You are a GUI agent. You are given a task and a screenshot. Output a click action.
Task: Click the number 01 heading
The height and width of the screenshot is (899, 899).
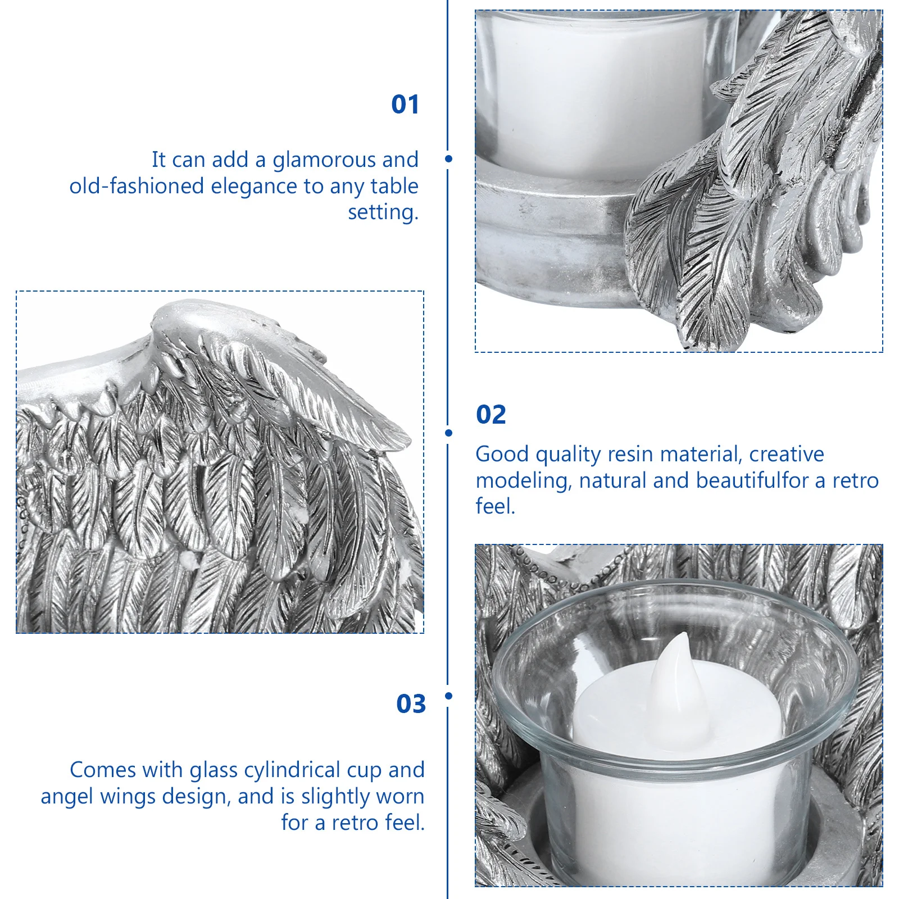click(405, 105)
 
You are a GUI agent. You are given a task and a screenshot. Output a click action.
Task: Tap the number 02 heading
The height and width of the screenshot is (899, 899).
click(491, 415)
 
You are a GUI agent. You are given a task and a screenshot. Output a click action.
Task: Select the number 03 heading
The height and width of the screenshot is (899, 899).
click(411, 704)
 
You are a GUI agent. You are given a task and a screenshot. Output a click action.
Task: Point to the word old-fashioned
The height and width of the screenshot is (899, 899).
click(137, 187)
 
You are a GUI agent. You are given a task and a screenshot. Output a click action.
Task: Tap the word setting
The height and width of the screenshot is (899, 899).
click(383, 212)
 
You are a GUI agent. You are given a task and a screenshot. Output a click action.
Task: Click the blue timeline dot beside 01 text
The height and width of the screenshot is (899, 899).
click(448, 159)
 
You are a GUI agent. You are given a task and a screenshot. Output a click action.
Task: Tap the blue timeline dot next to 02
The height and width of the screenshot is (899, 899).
click(448, 433)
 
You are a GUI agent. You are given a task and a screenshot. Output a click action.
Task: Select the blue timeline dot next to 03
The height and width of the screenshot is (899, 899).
click(448, 696)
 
